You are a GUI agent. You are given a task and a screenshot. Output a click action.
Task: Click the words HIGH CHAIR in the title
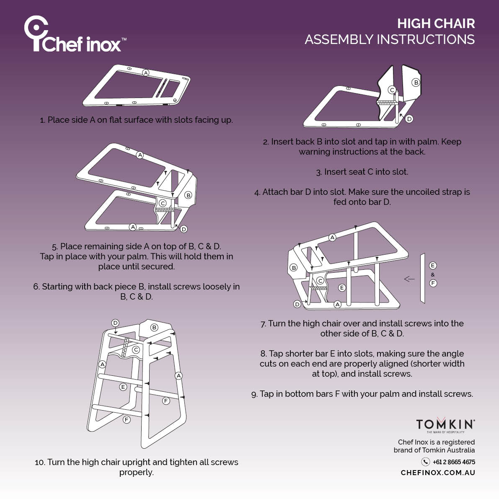click(436, 23)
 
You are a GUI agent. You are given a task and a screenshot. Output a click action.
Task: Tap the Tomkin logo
click(445, 425)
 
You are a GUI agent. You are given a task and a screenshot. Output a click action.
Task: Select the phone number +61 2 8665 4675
click(454, 462)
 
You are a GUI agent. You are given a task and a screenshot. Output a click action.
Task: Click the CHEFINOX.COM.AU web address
click(438, 473)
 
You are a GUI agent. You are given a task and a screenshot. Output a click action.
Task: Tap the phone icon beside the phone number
click(425, 462)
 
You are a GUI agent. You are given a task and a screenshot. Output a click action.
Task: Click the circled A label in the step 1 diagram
click(146, 73)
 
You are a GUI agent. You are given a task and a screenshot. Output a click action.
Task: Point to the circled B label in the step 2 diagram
click(416, 83)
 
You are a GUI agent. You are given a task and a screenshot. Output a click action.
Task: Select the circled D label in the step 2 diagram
click(409, 119)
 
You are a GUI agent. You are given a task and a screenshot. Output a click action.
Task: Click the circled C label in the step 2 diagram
click(392, 90)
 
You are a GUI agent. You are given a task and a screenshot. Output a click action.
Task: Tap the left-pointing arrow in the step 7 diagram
click(409, 279)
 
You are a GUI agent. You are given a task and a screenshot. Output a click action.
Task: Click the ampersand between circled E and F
click(433, 274)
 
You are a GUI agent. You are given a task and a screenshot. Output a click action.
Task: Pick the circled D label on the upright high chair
click(115, 323)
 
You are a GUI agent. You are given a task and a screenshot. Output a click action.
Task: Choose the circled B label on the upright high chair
click(154, 327)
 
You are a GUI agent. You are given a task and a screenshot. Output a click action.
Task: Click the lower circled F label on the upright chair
click(127, 419)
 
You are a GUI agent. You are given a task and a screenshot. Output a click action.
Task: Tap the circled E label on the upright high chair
click(123, 387)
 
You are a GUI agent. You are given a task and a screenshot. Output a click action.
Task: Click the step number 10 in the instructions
click(39, 463)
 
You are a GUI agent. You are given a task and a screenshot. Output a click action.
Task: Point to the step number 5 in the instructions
click(54, 247)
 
